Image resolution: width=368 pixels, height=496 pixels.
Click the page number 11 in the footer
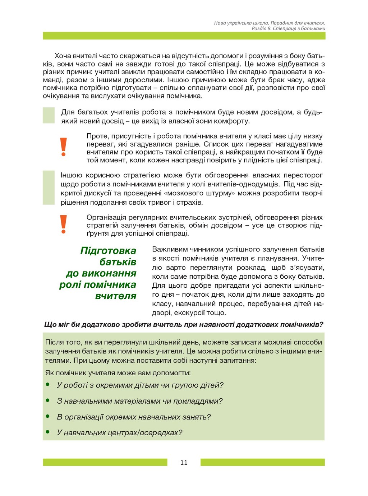point(184,462)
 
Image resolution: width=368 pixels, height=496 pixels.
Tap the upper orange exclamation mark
point(64,147)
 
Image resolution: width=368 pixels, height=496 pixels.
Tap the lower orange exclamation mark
point(64,224)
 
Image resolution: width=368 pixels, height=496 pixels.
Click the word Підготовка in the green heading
point(108,250)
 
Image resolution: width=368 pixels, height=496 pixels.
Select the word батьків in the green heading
point(118,262)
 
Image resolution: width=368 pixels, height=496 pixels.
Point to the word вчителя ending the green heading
point(116,296)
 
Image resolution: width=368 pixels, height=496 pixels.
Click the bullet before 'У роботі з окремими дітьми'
point(47,385)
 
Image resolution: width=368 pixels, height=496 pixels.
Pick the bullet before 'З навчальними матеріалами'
point(47,400)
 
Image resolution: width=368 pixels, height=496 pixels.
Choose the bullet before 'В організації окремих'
point(47,416)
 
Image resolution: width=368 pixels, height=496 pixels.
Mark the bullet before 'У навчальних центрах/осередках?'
point(47,432)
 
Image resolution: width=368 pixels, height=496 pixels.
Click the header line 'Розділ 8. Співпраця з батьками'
point(288,28)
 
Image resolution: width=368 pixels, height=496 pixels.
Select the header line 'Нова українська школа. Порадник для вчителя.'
point(270,23)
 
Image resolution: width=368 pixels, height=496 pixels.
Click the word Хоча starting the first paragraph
point(63,56)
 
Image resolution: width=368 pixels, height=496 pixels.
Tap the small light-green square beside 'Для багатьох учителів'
point(49,115)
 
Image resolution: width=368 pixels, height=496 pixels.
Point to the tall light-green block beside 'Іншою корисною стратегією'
point(49,187)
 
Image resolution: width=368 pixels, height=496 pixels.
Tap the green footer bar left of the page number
point(105,462)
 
